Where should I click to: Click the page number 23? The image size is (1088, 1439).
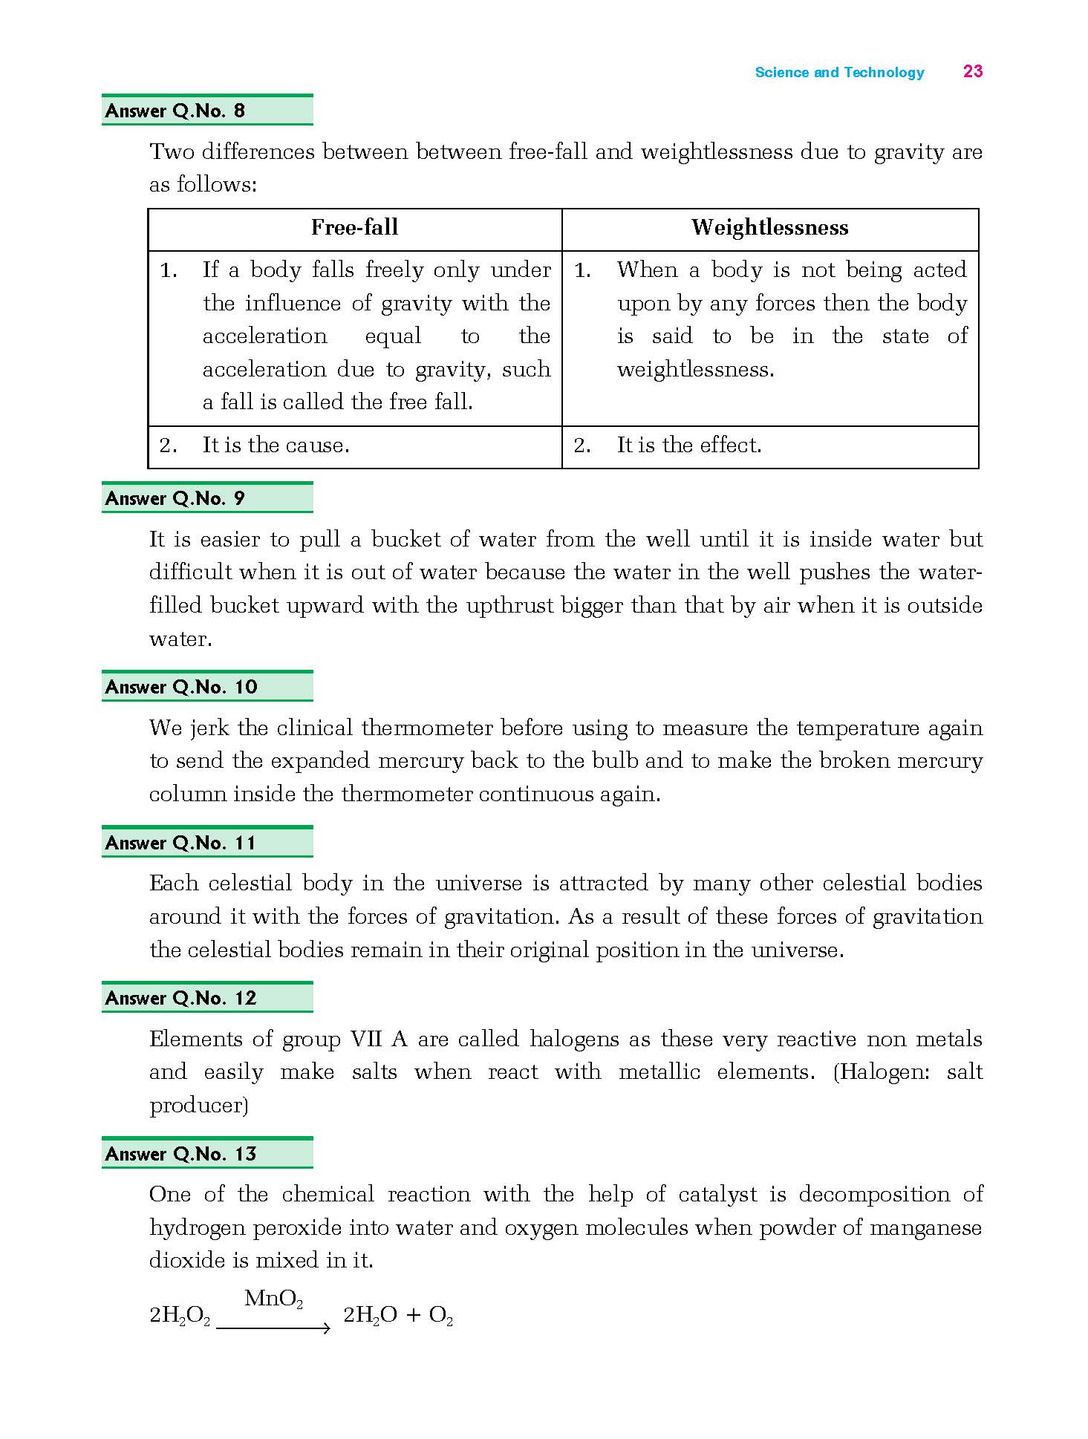973,71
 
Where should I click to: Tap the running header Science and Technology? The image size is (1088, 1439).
839,72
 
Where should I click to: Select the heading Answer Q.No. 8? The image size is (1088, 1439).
175,111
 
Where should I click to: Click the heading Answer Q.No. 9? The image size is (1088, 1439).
175,498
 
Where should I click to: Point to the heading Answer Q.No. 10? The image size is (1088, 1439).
181,687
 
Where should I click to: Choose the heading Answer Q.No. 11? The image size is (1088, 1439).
180,843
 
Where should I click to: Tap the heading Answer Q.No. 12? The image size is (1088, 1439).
181,998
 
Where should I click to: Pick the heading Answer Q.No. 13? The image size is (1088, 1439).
181,1154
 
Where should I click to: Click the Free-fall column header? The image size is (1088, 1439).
354,227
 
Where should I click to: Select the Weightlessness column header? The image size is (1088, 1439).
769,227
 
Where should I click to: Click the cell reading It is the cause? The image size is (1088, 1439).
276,446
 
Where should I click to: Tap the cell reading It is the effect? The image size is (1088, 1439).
689,446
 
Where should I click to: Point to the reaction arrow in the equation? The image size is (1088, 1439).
273,1328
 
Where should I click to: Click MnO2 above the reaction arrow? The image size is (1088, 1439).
273,1299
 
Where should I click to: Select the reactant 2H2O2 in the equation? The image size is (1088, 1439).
180,1316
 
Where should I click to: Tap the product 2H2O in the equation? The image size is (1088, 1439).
371,1316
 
